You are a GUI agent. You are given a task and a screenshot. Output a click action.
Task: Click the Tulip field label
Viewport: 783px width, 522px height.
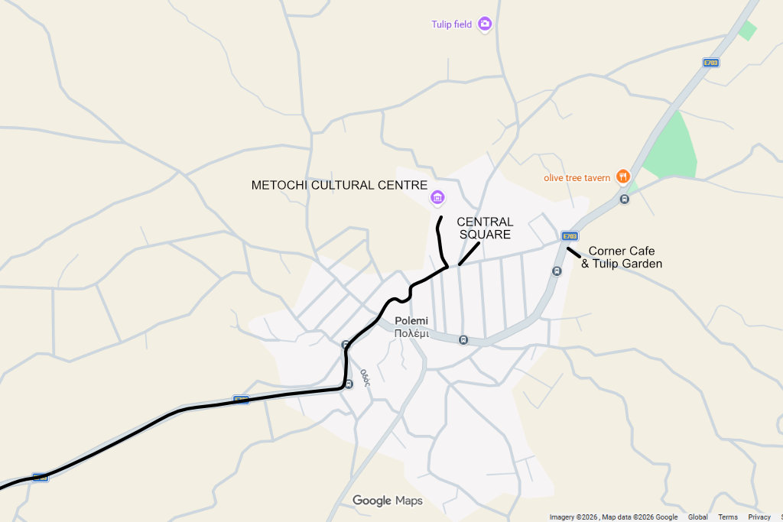pyautogui.click(x=451, y=24)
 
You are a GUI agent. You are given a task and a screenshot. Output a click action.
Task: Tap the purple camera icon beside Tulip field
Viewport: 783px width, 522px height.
pyautogui.click(x=484, y=24)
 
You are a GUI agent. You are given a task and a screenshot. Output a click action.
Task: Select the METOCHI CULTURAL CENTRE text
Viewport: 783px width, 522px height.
pyautogui.click(x=339, y=185)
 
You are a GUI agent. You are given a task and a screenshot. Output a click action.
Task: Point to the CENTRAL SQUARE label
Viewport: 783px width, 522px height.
pyautogui.click(x=485, y=228)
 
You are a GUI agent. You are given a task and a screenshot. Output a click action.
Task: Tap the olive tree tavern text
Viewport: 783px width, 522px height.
pyautogui.click(x=577, y=178)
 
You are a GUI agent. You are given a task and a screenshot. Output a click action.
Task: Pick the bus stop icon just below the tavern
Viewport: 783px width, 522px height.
pyautogui.click(x=625, y=199)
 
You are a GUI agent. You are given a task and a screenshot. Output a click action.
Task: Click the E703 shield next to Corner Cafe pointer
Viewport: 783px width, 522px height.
pyautogui.click(x=570, y=236)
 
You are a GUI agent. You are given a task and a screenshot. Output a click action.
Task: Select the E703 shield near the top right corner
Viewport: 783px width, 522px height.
pyautogui.click(x=711, y=63)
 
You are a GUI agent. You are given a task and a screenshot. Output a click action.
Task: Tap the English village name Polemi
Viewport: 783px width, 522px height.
pyautogui.click(x=411, y=321)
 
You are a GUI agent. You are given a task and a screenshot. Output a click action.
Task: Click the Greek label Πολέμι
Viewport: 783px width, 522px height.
pyautogui.click(x=411, y=334)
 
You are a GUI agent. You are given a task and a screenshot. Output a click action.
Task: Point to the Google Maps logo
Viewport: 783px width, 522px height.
pyautogui.click(x=387, y=501)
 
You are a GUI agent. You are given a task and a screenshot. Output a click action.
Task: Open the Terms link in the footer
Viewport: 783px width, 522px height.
pyautogui.click(x=728, y=517)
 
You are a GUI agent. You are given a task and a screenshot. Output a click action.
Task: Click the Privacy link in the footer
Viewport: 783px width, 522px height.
pyautogui.click(x=759, y=517)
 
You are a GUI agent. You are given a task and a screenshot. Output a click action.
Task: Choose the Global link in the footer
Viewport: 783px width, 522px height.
pyautogui.click(x=697, y=517)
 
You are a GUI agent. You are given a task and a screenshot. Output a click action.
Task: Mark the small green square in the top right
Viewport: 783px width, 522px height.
pyautogui.click(x=747, y=31)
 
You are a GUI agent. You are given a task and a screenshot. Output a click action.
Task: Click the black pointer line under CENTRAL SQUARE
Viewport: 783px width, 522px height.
pyautogui.click(x=469, y=254)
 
